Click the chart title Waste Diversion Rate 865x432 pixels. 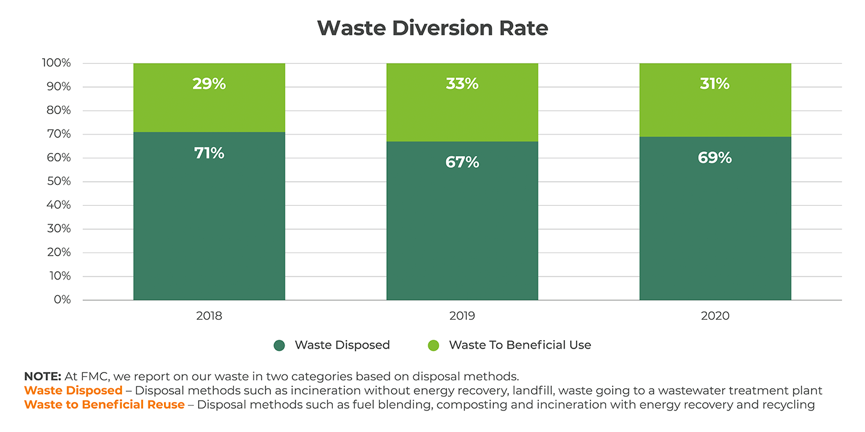(x=432, y=28)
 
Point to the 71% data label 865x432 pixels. (x=209, y=153)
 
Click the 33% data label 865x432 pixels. (x=462, y=84)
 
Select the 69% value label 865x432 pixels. (x=715, y=158)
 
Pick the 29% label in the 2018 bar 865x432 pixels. (x=209, y=84)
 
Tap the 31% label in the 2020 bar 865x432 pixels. (x=715, y=84)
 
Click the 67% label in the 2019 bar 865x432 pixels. (x=462, y=162)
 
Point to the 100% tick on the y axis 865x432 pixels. (x=56, y=63)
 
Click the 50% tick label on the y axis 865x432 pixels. (x=58, y=181)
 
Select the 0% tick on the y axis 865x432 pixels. (x=62, y=299)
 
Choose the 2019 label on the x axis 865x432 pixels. (x=462, y=316)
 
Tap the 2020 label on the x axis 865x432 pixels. (x=715, y=316)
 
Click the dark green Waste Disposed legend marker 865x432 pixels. (x=279, y=345)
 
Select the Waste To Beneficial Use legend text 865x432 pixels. (x=520, y=345)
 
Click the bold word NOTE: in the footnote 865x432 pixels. (x=43, y=377)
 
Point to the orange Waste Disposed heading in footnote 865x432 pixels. (x=73, y=391)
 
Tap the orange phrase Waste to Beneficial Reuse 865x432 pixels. (x=105, y=404)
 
